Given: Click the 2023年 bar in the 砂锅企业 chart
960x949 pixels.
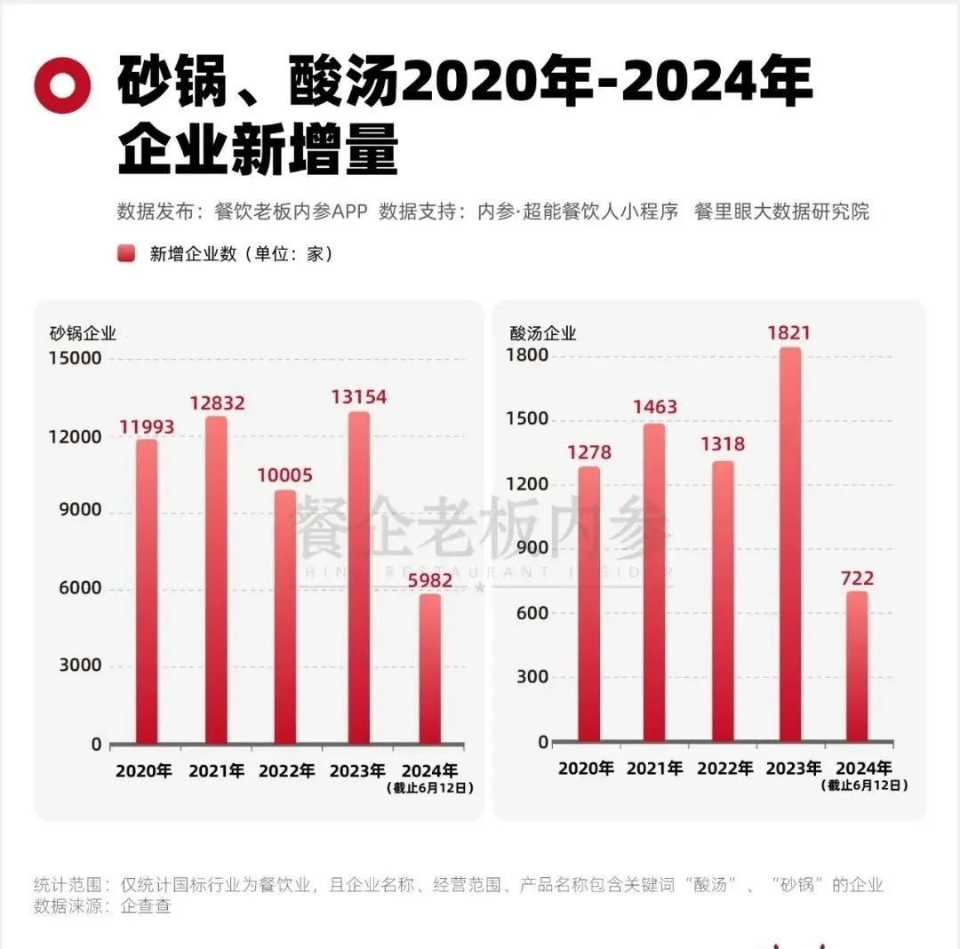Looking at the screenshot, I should (x=358, y=578).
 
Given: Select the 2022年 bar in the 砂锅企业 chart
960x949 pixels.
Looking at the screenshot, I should (x=285, y=617).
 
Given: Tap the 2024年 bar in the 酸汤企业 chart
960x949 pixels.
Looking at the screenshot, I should (x=856, y=666).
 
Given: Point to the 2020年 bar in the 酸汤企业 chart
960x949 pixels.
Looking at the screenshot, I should (x=588, y=604).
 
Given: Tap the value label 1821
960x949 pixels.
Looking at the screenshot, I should (x=789, y=333).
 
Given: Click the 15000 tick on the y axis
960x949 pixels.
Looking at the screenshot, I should (x=76, y=358).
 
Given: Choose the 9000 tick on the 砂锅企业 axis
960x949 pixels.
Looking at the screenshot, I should (x=81, y=512).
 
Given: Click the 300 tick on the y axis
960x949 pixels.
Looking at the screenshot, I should (x=531, y=677).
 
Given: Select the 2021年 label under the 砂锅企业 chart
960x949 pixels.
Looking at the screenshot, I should (x=216, y=770).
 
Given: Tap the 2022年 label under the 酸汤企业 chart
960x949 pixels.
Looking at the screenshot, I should (x=725, y=769).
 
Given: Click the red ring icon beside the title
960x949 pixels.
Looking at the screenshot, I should (x=62, y=85).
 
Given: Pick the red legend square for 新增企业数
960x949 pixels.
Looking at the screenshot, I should (x=126, y=254).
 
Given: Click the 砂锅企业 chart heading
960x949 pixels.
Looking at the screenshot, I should (x=83, y=334).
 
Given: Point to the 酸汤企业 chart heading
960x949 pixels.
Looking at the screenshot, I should (x=543, y=334).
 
